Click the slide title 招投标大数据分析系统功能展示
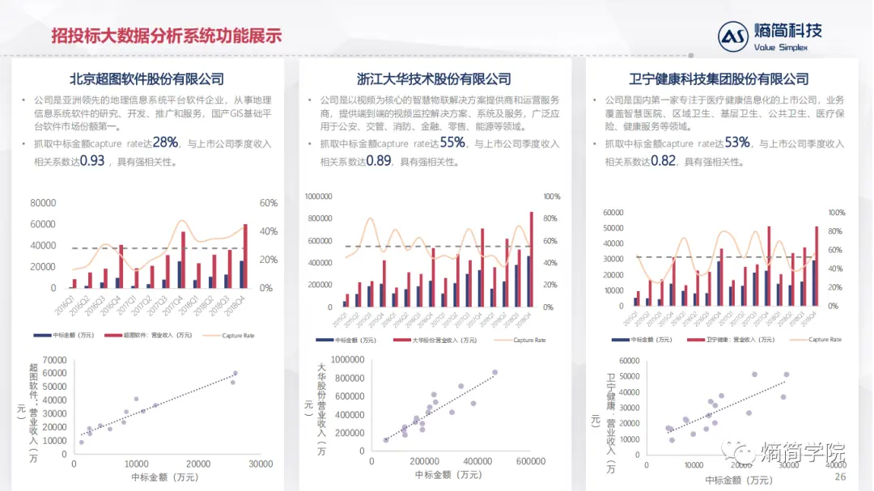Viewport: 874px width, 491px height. pos(166,36)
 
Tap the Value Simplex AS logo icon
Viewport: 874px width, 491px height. pos(733,36)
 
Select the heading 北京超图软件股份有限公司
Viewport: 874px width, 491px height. pos(146,79)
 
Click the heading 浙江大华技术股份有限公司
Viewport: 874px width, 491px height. pos(434,79)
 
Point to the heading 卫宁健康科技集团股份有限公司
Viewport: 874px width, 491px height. pos(719,79)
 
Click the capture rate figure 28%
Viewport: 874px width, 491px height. pos(165,143)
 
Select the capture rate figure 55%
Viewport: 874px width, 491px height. pos(452,143)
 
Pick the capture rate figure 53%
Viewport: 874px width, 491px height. pos(737,143)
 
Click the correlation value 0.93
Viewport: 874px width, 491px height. pos(92,161)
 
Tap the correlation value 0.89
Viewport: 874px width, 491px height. pos(379,161)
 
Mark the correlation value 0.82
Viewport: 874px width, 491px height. pos(663,161)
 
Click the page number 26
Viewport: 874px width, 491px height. pos(840,477)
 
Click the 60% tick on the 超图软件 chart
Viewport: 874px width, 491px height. pos(269,203)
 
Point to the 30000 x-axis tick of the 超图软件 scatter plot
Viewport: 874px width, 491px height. pos(261,463)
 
